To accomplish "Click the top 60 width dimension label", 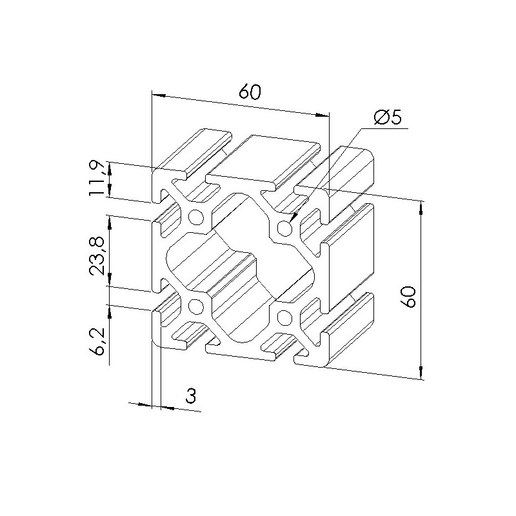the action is pyautogui.click(x=250, y=92).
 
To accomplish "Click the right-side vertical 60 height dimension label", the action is pyautogui.click(x=410, y=297).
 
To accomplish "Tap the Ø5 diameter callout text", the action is pyautogui.click(x=388, y=117).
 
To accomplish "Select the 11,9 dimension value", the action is pyautogui.click(x=97, y=178).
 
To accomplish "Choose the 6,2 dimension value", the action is pyautogui.click(x=97, y=341).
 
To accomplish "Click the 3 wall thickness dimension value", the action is pyautogui.click(x=191, y=395).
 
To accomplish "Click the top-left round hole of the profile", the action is pyautogui.click(x=196, y=217).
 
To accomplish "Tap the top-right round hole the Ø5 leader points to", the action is pyautogui.click(x=284, y=228).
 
